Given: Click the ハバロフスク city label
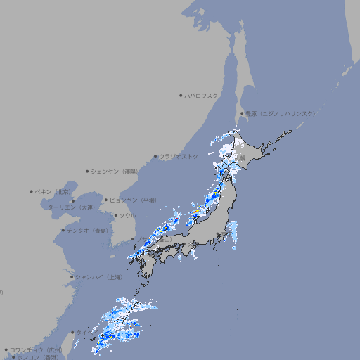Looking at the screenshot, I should coord(202,95).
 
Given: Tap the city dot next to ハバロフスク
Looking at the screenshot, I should coord(181,95).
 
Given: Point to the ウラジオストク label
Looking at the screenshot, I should coord(179,156).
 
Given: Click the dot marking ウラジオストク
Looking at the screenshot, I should coord(155,157).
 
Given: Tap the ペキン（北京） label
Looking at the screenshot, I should coord(54,191).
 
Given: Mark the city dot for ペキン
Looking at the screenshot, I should coord(32,191).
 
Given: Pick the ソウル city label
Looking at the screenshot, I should coord(127,215).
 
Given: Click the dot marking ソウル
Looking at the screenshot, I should coord(115,215).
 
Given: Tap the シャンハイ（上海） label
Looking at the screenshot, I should coord(98,277).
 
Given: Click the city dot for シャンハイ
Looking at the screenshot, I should coord(71,277).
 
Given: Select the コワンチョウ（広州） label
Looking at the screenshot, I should coord(36,349).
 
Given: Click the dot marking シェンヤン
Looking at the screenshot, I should coord(87,171).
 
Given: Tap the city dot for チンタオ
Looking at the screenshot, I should coord(63,230).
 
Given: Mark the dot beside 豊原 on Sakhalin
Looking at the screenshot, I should coord(242,113).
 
